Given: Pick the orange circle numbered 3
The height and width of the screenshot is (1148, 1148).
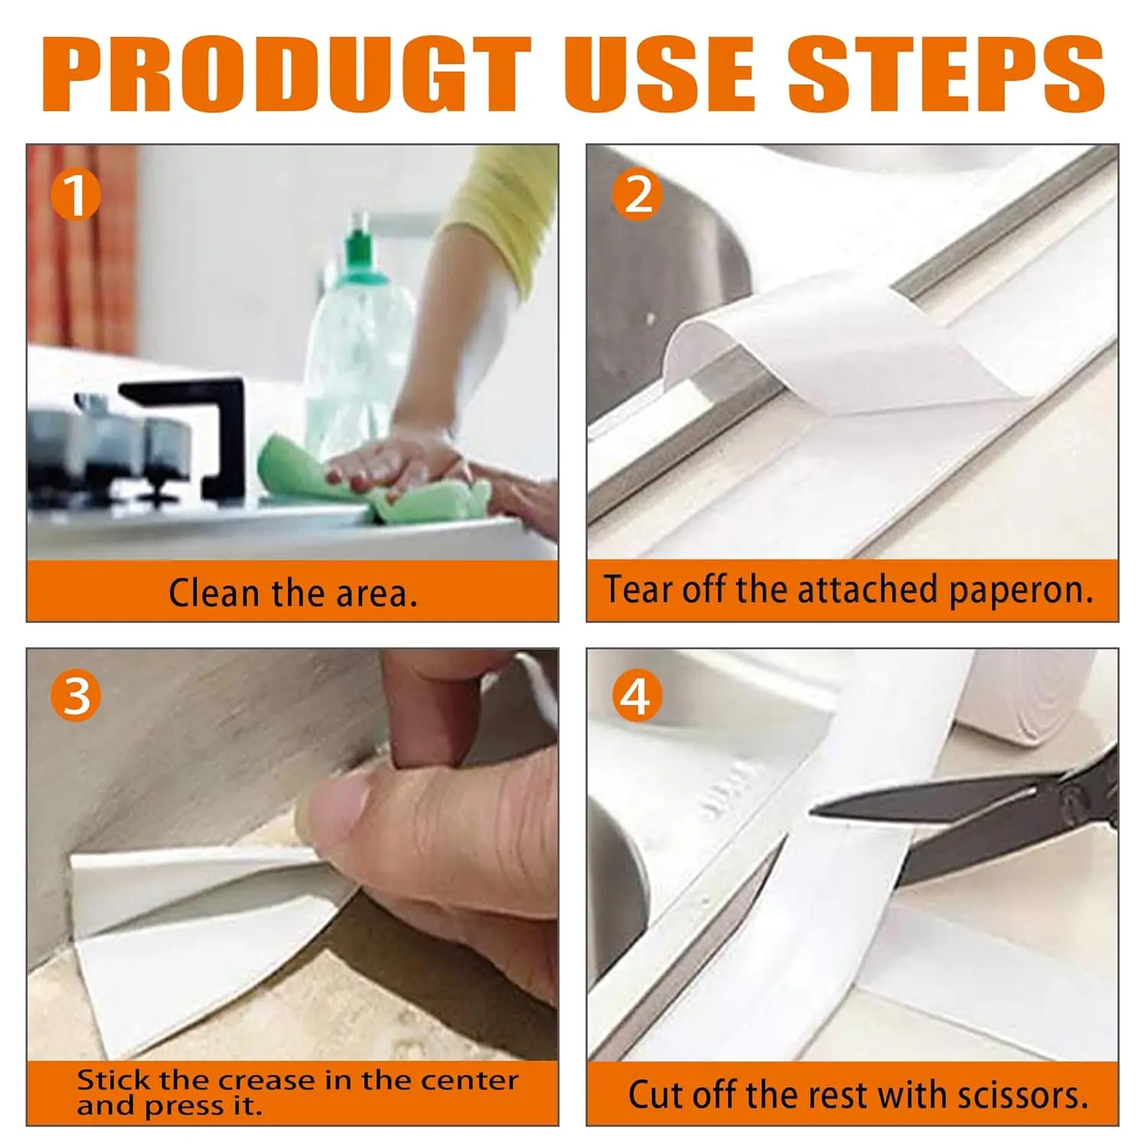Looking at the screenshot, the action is tap(76, 696).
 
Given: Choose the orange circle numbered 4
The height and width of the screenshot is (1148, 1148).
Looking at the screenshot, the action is tap(637, 696).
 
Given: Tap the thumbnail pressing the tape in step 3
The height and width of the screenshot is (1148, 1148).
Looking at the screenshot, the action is tap(333, 807).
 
